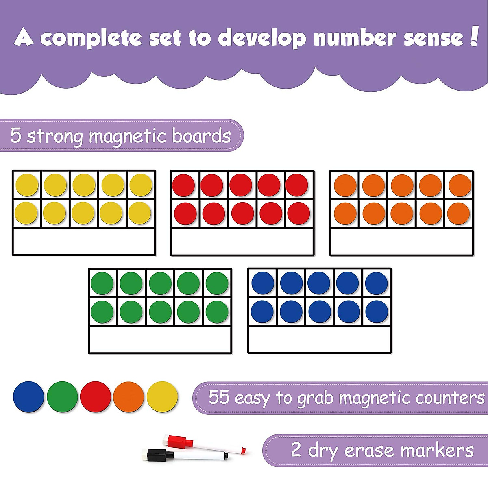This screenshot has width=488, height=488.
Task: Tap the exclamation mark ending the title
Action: pos(473,37)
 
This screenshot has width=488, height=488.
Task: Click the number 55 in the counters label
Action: pos(219,397)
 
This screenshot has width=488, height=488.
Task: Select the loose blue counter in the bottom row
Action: pos(28,397)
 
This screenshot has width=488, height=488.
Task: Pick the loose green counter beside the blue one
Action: pos(62,397)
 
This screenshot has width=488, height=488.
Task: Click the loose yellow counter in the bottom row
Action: pos(162,397)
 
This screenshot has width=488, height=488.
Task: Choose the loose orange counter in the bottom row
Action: pos(129,397)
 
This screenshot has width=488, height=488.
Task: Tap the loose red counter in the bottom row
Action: pos(96,397)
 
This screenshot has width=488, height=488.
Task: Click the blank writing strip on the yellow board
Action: pos(84,242)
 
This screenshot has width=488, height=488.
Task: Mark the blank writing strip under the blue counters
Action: pos(319,339)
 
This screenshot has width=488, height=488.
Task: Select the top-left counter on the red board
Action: pos(184,185)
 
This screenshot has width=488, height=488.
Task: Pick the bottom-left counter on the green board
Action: pos(102,312)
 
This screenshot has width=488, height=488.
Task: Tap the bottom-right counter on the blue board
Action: pos(377,312)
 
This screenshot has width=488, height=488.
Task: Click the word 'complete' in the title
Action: pos(91,38)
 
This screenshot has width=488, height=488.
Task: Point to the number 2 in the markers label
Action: pos(296,449)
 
